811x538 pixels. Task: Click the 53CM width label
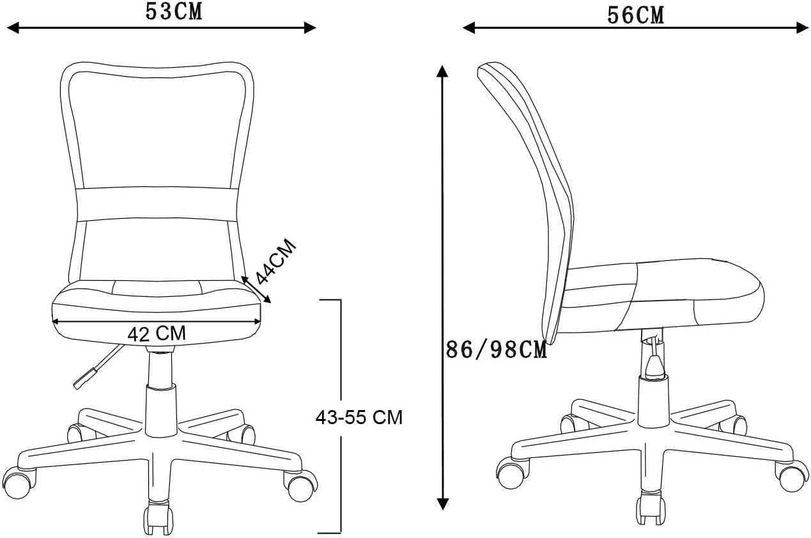174,12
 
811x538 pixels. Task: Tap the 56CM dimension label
636,15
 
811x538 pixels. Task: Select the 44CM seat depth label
276,261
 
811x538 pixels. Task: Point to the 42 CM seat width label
157,334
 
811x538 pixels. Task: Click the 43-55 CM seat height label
359,417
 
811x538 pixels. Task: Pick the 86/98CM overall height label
496,350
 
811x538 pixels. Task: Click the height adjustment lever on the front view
97,367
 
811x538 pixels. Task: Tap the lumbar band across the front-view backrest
157,204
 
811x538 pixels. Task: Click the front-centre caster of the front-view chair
158,518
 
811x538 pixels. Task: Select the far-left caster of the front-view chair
19,483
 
